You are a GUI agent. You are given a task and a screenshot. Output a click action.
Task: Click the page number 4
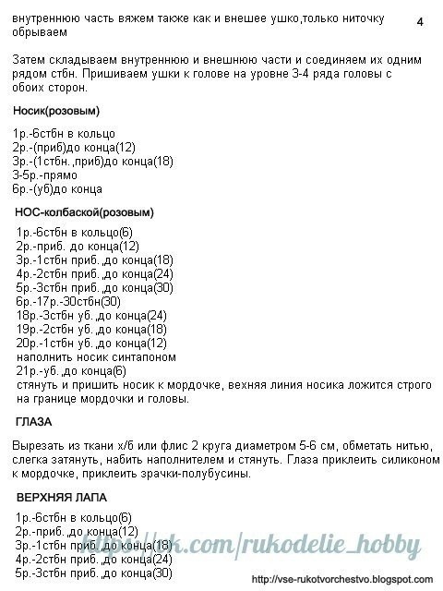[419, 21]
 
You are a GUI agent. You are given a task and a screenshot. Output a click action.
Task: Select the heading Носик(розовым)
[56, 111]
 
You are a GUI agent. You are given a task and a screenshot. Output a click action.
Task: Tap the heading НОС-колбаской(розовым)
[84, 212]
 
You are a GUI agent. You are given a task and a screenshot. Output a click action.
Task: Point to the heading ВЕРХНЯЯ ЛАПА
[61, 497]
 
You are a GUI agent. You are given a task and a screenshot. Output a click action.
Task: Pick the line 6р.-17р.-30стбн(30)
[68, 301]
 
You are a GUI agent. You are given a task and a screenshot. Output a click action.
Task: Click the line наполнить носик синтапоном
[96, 356]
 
